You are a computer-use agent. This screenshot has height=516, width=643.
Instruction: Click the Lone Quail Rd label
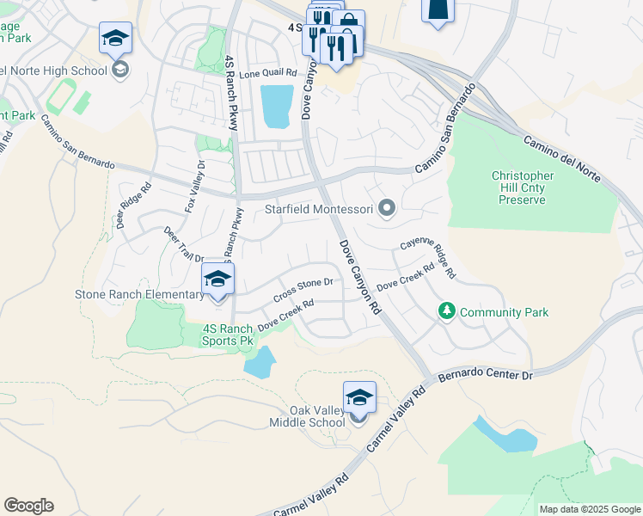(x=267, y=75)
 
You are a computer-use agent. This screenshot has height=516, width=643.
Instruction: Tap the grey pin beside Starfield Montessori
(x=387, y=207)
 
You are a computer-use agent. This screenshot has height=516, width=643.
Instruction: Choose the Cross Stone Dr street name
(x=303, y=289)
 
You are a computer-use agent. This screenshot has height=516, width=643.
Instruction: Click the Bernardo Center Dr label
(x=486, y=375)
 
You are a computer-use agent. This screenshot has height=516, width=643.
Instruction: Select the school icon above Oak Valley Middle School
(x=358, y=397)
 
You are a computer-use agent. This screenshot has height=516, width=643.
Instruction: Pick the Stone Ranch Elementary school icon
(x=217, y=279)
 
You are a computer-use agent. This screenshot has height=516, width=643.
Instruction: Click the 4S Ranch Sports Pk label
(x=228, y=335)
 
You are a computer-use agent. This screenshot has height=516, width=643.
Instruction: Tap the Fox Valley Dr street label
(x=194, y=187)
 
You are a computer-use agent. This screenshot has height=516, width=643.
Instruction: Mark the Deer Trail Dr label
(x=184, y=245)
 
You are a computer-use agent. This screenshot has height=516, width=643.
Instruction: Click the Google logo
(x=28, y=506)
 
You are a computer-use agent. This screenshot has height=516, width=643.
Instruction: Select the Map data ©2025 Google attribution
(x=589, y=509)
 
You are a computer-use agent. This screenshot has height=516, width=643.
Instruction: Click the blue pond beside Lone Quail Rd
(x=276, y=107)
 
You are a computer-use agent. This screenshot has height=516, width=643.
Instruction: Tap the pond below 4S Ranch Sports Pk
(x=260, y=362)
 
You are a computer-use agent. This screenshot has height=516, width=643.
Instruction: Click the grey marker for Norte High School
(x=120, y=70)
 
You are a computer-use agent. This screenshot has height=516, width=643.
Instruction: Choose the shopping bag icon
(x=349, y=24)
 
